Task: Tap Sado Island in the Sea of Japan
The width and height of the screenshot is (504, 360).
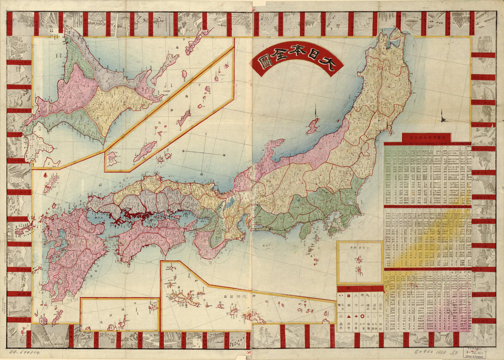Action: (x=313, y=126)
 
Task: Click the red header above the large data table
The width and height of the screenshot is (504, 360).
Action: (x=427, y=138)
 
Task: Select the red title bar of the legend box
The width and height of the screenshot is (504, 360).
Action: (x=360, y=289)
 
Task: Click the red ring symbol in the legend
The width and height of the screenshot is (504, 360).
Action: (x=362, y=316)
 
